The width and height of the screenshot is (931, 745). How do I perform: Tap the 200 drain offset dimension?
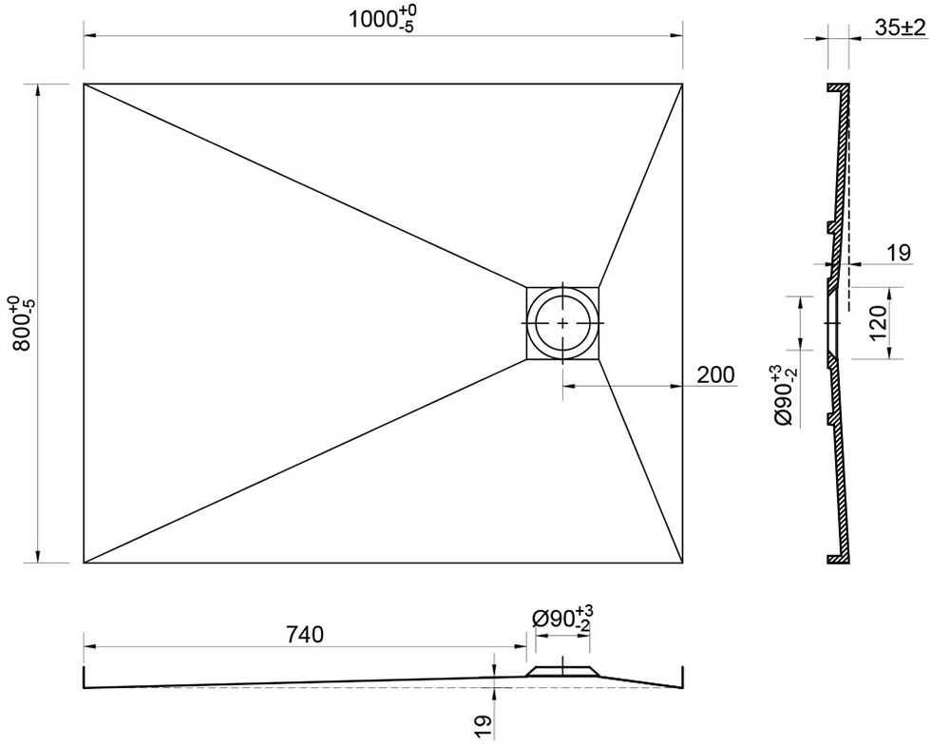(x=714, y=375)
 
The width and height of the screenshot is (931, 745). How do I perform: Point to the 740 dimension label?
(x=305, y=635)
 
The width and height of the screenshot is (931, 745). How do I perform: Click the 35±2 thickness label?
(x=900, y=28)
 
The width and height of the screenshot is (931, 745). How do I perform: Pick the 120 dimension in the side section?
(x=878, y=322)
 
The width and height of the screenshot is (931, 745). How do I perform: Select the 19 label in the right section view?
(x=899, y=253)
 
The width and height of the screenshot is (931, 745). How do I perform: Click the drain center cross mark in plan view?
(x=562, y=323)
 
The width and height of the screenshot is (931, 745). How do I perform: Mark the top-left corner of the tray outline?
(x=84, y=84)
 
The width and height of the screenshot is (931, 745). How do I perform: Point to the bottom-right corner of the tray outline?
(x=682, y=563)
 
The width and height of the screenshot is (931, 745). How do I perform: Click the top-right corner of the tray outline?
(x=682, y=84)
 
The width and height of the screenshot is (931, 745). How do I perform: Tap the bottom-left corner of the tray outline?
(x=84, y=563)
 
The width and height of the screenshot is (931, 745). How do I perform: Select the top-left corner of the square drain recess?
(x=526, y=288)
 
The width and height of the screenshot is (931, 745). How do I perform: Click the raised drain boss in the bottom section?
(x=562, y=671)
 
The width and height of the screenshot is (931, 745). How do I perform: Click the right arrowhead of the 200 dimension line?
(x=676, y=386)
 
